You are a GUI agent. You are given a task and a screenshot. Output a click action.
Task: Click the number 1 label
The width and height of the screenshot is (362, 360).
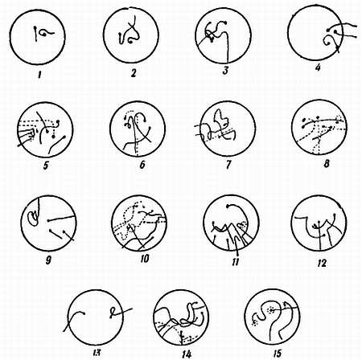[39, 75]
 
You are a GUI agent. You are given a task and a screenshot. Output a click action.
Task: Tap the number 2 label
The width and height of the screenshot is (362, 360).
[134, 73]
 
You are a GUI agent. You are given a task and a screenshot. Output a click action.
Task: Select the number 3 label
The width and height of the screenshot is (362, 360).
[225, 71]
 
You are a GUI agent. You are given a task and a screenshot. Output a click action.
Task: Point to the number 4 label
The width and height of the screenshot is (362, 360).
[318, 67]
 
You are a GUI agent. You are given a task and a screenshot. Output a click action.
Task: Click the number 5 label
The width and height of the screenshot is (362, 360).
[46, 166]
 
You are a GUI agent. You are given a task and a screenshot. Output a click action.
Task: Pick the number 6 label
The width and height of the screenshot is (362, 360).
[142, 165]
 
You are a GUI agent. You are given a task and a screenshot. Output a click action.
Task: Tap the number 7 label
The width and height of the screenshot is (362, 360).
[228, 165]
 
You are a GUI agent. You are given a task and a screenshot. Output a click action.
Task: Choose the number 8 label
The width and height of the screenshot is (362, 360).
[327, 163]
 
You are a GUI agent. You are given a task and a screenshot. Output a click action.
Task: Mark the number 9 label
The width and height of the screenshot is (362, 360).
[48, 260]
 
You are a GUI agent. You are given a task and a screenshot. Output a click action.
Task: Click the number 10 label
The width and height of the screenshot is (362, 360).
[144, 259]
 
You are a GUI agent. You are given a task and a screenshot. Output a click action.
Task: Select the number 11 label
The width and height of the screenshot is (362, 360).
[235, 262]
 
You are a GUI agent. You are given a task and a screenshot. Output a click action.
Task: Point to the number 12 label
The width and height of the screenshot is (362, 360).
[322, 264]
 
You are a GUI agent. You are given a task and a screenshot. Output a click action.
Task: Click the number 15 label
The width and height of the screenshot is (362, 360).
[278, 353]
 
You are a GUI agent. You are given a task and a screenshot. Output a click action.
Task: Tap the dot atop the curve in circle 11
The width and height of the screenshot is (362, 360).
[228, 206]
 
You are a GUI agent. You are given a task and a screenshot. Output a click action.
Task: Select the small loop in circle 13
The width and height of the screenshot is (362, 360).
[113, 311]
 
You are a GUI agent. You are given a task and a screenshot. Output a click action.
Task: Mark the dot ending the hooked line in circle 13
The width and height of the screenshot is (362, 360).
[84, 313]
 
